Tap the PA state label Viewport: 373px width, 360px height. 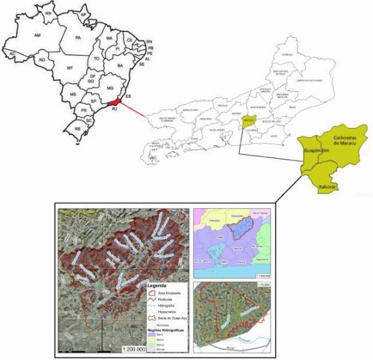pos(78,39)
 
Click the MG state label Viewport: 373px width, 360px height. pos(109,87)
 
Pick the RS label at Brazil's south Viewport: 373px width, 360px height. pos(78,129)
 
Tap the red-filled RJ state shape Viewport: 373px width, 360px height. pos(114,102)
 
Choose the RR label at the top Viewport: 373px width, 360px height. pos(48,12)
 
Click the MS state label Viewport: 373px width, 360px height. pos(73,94)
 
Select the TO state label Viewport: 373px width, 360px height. pos(96,58)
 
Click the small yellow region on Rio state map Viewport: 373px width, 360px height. pos(250,120)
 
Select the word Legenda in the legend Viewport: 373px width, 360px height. pos(159,284)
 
